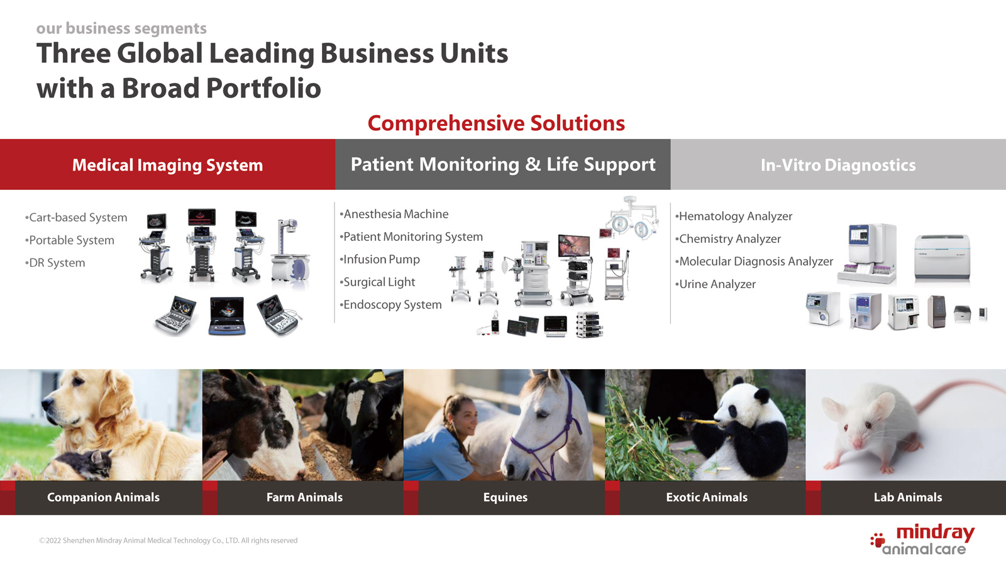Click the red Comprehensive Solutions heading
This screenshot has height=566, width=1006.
pos(496,123)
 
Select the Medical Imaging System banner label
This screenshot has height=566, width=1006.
pos(167,165)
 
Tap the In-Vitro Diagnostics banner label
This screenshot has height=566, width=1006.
pos(838,165)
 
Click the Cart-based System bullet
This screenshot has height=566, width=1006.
pos(76,218)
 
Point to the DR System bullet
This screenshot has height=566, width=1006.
pos(55,263)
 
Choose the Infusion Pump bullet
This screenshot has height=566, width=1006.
pos(380,259)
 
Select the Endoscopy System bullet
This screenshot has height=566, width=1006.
pos(390,304)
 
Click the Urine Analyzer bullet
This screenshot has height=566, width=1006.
pos(716,284)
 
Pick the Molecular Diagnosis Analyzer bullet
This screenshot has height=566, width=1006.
pos(754,262)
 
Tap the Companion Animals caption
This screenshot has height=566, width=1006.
pos(103,497)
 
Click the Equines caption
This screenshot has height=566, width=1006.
pos(506,497)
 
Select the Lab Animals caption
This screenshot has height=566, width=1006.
pos(908,497)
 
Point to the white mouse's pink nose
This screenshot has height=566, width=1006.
pos(857,444)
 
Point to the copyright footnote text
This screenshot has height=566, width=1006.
pos(168,540)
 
